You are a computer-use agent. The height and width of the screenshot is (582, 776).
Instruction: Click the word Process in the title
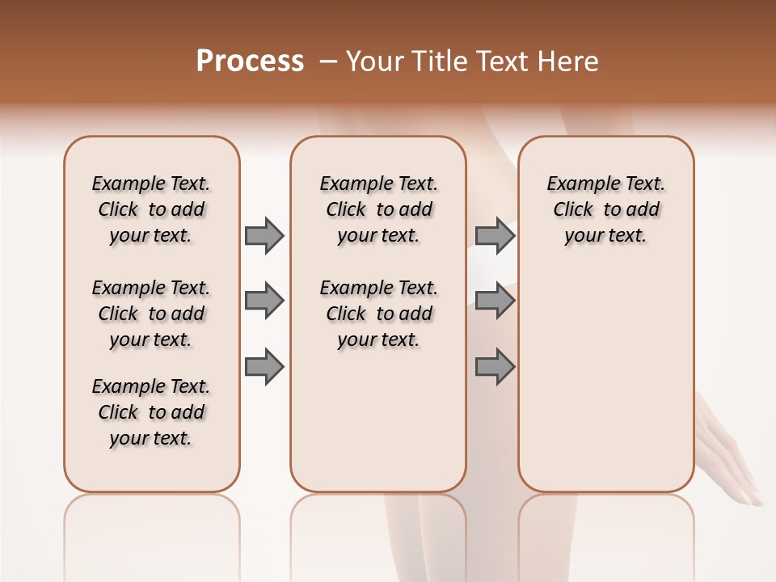pos(250,61)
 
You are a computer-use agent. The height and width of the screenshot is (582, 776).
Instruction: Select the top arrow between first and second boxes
pos(264,236)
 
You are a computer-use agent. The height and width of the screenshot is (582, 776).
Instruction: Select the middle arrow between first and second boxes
pos(264,302)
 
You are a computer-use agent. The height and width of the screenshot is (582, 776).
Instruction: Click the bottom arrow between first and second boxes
pos(264,366)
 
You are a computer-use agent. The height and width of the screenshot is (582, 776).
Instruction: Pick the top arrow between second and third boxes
pos(495,236)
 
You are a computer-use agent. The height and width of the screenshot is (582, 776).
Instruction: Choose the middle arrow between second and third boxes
pos(495,302)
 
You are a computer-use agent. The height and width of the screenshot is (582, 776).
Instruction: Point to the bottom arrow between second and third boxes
pos(495,366)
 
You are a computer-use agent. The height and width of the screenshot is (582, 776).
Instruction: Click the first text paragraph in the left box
pos(151,209)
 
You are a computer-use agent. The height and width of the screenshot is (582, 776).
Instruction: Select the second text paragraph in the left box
pos(151,314)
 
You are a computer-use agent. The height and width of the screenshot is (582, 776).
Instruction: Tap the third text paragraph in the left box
pos(151,412)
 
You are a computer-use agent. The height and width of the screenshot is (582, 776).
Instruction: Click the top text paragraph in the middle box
pos(378,209)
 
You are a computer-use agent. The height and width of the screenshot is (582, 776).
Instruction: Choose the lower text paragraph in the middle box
pos(378,314)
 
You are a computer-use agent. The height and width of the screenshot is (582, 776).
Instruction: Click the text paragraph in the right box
pos(605,209)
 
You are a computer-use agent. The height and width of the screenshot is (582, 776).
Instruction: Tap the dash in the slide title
pos(328,62)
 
